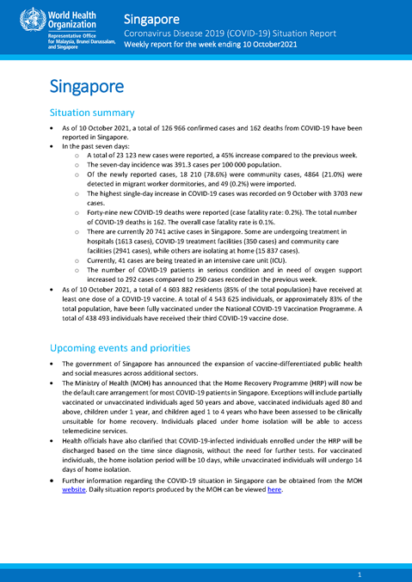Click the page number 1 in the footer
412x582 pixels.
point(359,573)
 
